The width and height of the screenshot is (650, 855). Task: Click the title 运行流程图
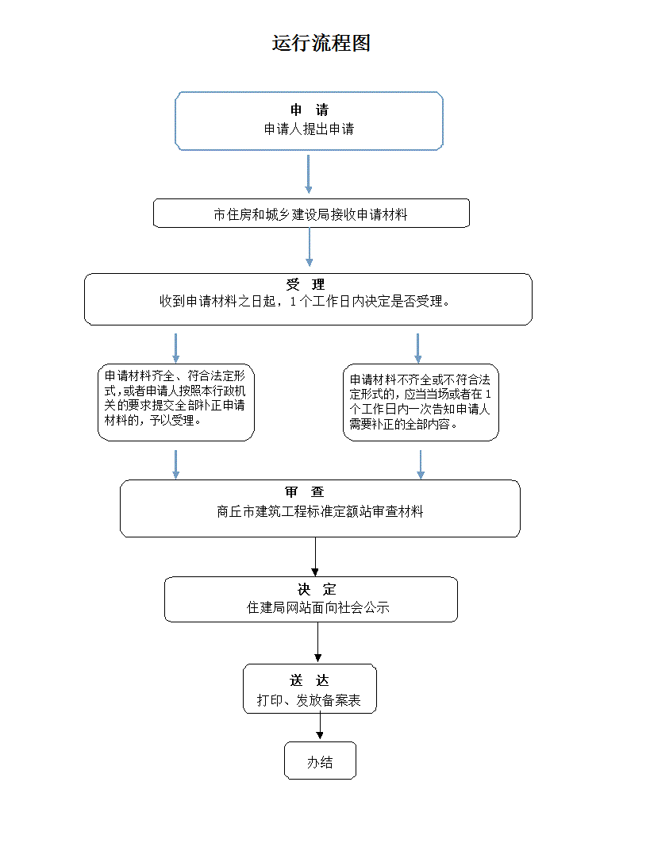coord(321,44)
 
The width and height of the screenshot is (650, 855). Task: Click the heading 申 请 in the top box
coord(309,110)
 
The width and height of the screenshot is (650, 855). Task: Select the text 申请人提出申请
coord(309,129)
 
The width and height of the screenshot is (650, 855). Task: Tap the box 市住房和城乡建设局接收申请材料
coord(310,214)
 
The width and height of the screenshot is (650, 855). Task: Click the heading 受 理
coord(306,284)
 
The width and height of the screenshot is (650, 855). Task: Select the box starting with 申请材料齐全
coord(175,402)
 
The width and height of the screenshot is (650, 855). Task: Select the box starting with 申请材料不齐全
coord(421,402)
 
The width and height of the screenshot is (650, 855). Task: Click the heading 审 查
coord(305,492)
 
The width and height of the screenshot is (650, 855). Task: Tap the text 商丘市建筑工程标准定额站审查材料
coord(320,512)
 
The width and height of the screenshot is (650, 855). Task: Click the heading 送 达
coord(309,681)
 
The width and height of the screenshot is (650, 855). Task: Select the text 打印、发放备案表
coord(309,701)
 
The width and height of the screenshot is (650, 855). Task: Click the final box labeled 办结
coord(320,762)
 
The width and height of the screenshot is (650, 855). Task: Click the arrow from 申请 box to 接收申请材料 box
coord(308,175)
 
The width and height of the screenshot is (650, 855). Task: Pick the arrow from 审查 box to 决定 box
coord(316,557)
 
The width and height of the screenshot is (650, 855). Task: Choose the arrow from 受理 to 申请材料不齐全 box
coord(418,348)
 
